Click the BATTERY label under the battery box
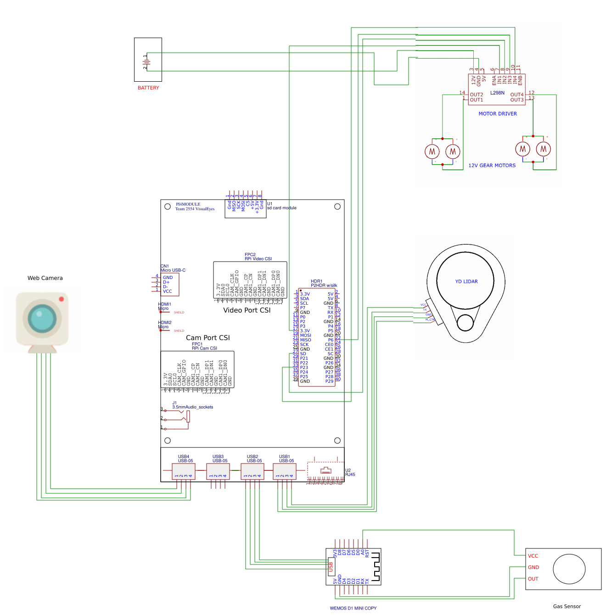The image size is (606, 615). tap(148, 88)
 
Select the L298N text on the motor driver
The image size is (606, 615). tap(497, 93)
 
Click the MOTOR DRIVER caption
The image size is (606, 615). tap(498, 114)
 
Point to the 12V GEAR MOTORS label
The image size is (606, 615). tap(492, 166)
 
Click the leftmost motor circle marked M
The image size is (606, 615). tap(432, 151)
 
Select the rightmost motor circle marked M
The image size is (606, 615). tap(544, 149)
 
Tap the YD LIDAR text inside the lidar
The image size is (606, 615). tap(466, 282)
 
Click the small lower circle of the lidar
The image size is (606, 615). tap(465, 323)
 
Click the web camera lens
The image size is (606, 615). tap(42, 318)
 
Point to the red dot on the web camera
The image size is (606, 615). tap(62, 299)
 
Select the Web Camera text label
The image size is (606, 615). tap(45, 278)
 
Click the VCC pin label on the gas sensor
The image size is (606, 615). tap(533, 556)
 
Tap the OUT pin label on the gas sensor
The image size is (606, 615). tap(533, 579)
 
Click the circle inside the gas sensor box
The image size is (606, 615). tap(569, 569)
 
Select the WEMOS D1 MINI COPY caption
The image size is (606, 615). tap(353, 608)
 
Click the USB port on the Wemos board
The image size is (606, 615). tap(331, 567)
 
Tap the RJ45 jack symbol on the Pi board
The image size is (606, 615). tap(325, 470)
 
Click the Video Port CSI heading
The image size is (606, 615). tap(247, 310)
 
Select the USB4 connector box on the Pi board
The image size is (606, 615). tap(183, 471)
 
